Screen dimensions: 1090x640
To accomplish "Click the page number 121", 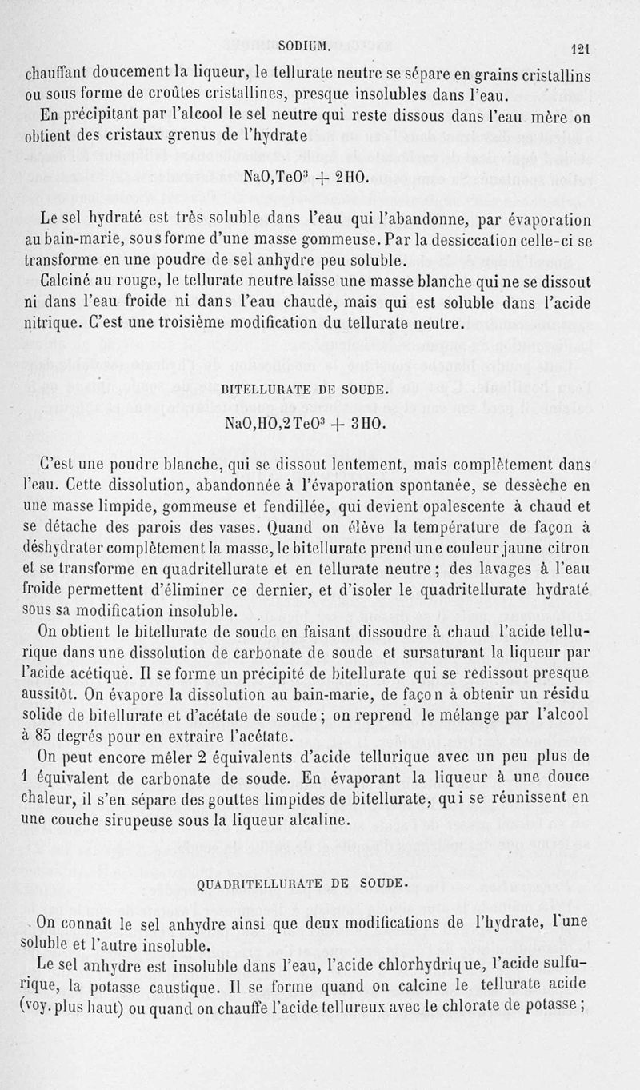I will (602, 46).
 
